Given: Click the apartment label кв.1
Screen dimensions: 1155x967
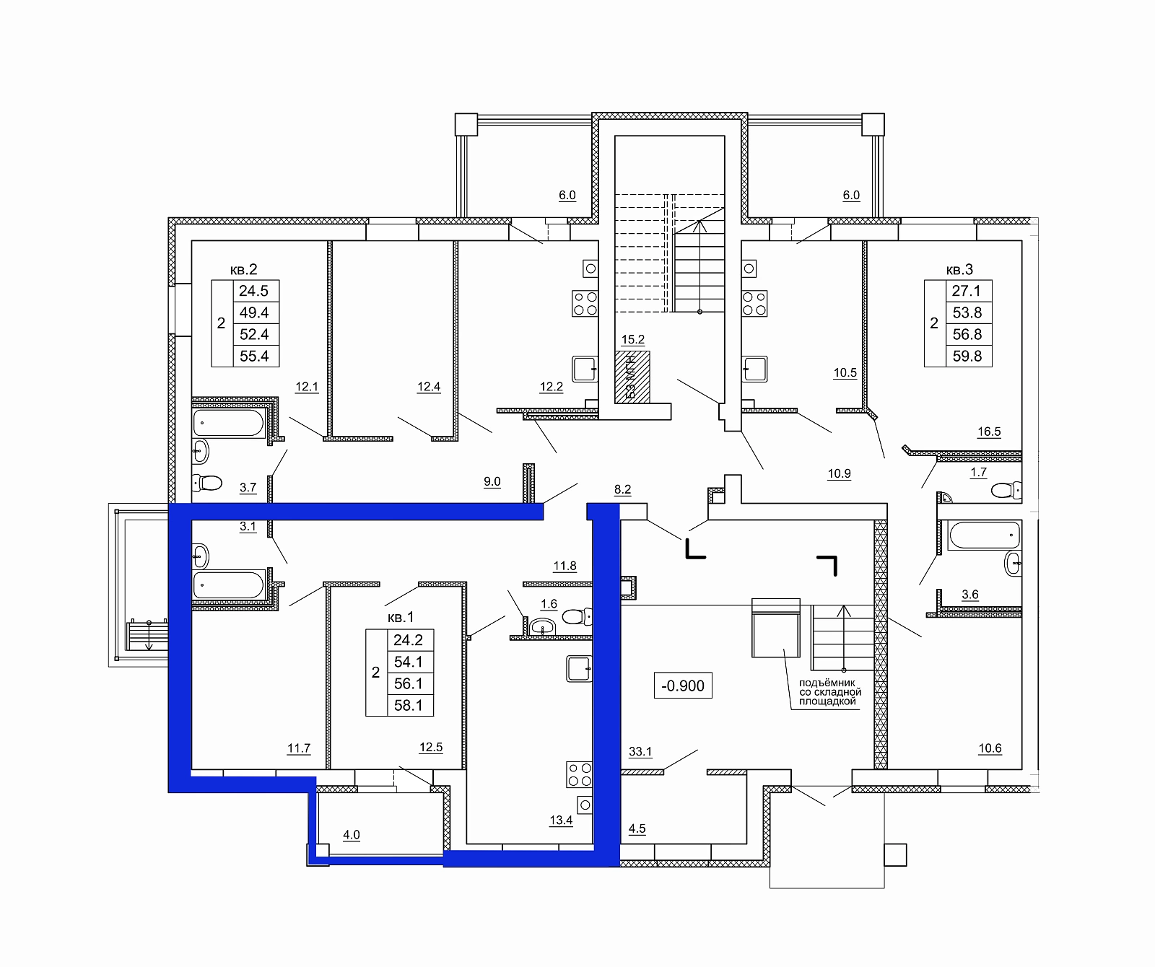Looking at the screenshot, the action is pyautogui.click(x=401, y=618).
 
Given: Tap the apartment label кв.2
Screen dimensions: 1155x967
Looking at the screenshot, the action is pyautogui.click(x=244, y=269).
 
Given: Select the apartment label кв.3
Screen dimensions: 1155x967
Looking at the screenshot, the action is pyautogui.click(x=959, y=270).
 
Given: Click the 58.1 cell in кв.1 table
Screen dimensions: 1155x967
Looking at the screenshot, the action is pyautogui.click(x=409, y=705).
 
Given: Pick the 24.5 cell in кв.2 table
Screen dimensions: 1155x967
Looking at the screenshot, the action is pyautogui.click(x=254, y=291).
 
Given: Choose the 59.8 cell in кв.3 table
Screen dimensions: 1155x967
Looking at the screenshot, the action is pyautogui.click(x=967, y=356).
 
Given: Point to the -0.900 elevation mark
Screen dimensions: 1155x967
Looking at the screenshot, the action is pyautogui.click(x=683, y=685).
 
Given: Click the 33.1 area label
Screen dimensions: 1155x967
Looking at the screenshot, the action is pyautogui.click(x=640, y=752).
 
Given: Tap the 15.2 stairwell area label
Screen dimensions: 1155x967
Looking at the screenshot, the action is pyautogui.click(x=633, y=340).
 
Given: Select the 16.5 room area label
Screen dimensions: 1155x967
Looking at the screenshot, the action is pyautogui.click(x=989, y=432).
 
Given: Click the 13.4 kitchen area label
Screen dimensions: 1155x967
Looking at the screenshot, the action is pyautogui.click(x=561, y=820).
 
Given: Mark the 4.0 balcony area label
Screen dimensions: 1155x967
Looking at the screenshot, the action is pyautogui.click(x=352, y=835).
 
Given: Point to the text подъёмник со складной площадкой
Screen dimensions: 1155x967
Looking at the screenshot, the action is pyautogui.click(x=828, y=692).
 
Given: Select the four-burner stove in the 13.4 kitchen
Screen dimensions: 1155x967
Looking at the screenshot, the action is pyautogui.click(x=580, y=775).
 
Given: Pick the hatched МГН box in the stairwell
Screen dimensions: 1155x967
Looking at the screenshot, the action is pyautogui.click(x=632, y=377).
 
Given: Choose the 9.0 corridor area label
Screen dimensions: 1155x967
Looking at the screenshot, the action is pyautogui.click(x=492, y=482).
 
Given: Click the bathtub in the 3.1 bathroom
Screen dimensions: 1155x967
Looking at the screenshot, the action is pyautogui.click(x=229, y=585).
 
